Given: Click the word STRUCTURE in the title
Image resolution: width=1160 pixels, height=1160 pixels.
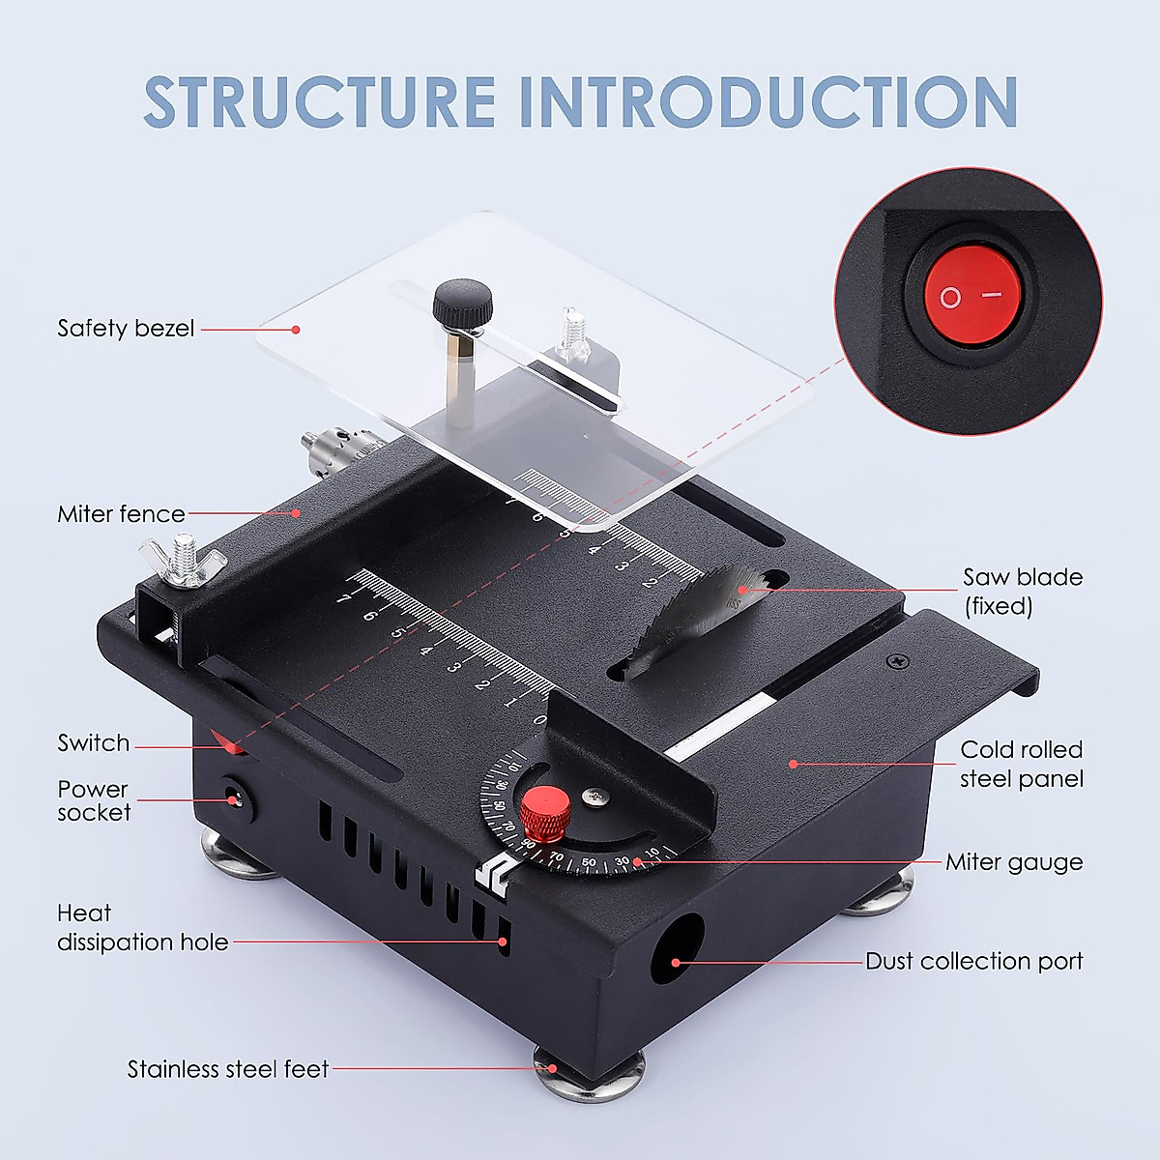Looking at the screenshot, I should tap(320, 101).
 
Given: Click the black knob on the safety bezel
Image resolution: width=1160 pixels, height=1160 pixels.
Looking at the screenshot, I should tap(462, 303).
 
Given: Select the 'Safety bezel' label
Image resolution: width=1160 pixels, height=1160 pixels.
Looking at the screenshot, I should tap(126, 329).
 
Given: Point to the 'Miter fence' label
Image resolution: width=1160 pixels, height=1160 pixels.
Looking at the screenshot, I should tap(121, 514).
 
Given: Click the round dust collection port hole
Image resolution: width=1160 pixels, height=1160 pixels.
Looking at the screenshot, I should tap(677, 949).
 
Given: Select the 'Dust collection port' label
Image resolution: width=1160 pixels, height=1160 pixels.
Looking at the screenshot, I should tap(973, 962).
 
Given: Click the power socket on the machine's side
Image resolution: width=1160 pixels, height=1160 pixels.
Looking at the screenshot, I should tap(233, 799).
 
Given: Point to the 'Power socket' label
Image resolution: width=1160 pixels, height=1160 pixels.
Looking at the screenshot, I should tap(94, 801).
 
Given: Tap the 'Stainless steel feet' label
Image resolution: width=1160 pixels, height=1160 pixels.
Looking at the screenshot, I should tap(228, 1069).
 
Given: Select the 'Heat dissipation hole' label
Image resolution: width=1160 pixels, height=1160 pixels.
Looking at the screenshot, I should tap(142, 928).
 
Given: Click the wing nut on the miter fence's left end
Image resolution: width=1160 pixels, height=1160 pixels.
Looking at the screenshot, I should tap(185, 560).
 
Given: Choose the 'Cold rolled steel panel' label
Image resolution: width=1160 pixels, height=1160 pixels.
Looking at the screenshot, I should tap(1021, 765).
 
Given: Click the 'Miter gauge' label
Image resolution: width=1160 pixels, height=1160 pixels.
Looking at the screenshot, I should tap(1014, 862).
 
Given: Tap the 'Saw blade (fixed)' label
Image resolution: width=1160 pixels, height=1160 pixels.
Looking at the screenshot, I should tap(1022, 592).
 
